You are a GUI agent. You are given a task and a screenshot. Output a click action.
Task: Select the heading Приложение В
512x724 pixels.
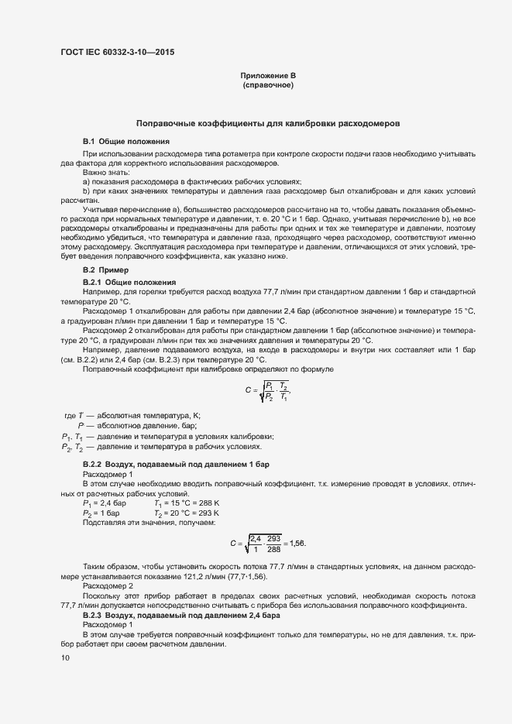(x=268, y=75)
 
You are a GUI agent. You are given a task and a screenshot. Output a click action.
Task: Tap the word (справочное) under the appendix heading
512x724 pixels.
(x=268, y=84)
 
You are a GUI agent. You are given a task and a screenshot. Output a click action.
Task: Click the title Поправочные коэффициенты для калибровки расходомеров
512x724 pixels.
(x=268, y=123)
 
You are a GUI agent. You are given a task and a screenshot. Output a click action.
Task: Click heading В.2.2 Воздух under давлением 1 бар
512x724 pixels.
(x=176, y=464)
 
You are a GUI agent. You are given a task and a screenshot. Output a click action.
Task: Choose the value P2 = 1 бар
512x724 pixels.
(x=101, y=513)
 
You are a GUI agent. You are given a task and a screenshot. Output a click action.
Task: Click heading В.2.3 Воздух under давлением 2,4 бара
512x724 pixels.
(x=180, y=615)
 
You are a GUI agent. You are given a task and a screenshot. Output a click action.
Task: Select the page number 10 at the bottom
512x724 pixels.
(x=65, y=657)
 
